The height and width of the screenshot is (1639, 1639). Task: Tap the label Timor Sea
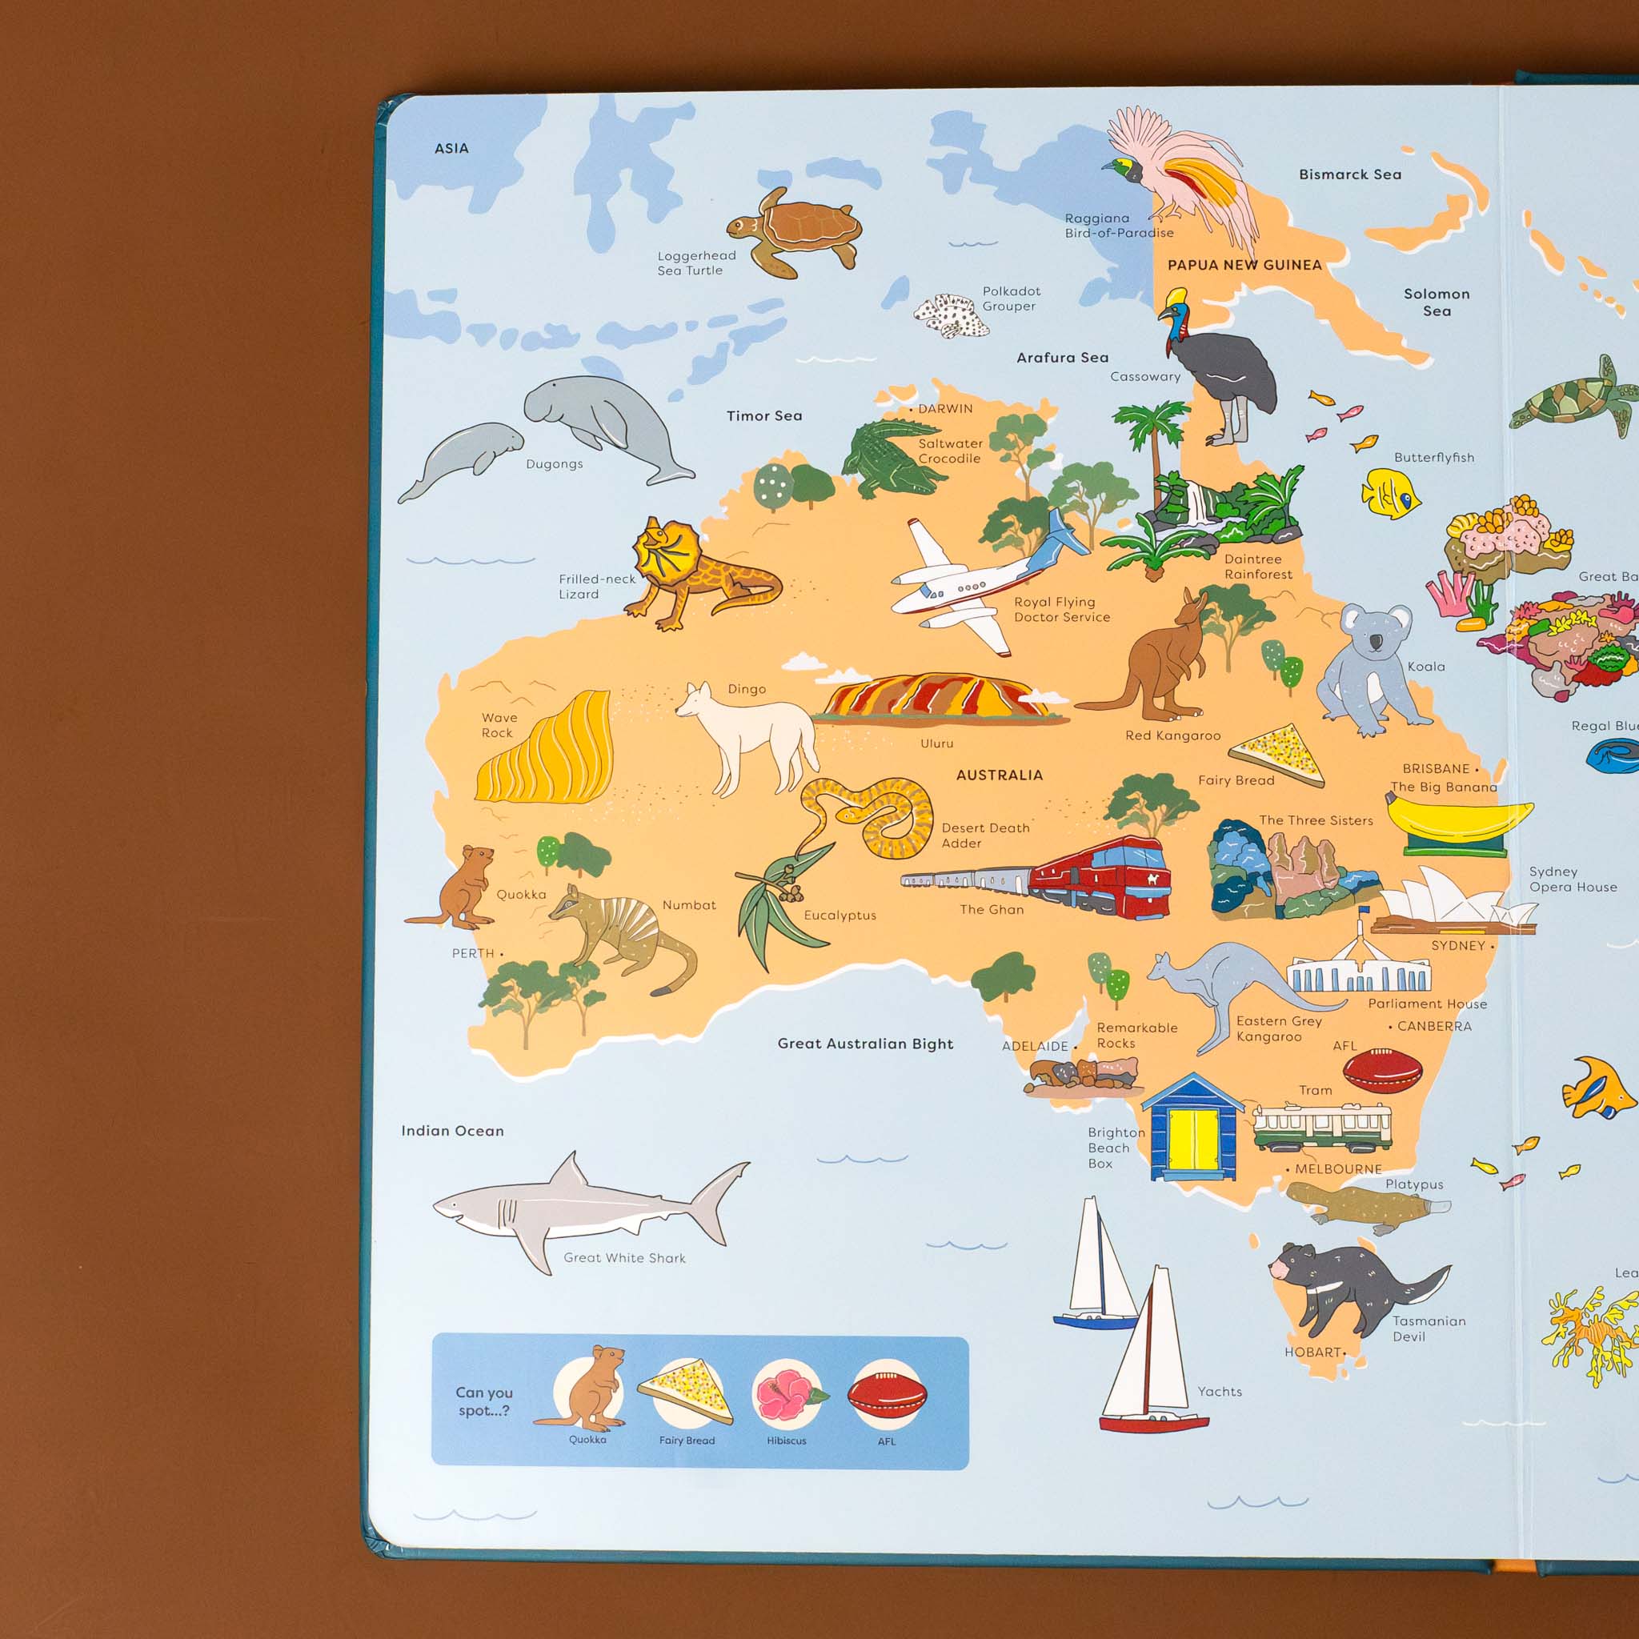[763, 415]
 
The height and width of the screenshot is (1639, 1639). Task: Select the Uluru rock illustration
[937, 698]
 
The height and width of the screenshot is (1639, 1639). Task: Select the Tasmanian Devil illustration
[1348, 1285]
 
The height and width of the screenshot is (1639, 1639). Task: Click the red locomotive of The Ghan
[1103, 878]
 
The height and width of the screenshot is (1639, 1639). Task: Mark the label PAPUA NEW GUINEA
[1244, 266]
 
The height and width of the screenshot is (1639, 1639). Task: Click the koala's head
[1374, 632]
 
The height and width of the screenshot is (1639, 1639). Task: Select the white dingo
[747, 734]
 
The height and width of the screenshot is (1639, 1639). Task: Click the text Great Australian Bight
[865, 1044]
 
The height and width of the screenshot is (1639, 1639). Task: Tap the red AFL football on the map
[1382, 1071]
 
